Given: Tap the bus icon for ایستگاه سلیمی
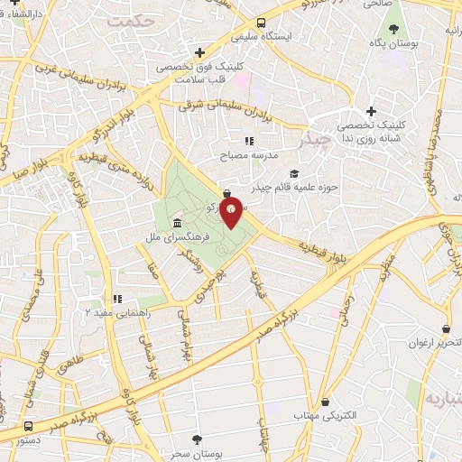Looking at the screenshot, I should pos(261,23).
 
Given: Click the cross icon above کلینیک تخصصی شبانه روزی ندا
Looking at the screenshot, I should pos(371,110).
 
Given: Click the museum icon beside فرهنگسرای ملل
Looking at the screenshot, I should pos(176,222).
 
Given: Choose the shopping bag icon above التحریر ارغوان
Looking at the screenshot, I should pos(446,330).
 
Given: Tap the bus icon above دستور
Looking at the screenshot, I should pos(29,426).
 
